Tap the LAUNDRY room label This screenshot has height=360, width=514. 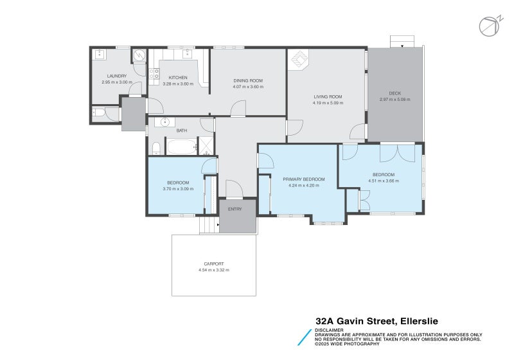click(x=117, y=76)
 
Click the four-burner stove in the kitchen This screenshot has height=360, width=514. click(x=155, y=76)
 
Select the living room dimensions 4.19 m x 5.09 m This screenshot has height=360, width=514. click(x=328, y=103)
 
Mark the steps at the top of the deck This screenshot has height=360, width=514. click(x=403, y=42)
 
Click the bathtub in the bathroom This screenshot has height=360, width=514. click(x=182, y=147)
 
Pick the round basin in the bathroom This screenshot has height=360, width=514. click(x=166, y=122)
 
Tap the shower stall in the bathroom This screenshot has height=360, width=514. click(x=206, y=147)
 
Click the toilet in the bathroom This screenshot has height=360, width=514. click(x=156, y=148)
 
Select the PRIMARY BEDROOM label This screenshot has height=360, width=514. click(x=304, y=179)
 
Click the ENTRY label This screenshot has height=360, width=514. click(x=235, y=208)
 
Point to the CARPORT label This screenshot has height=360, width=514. click(x=214, y=264)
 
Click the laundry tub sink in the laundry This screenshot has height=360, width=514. click(x=100, y=55)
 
